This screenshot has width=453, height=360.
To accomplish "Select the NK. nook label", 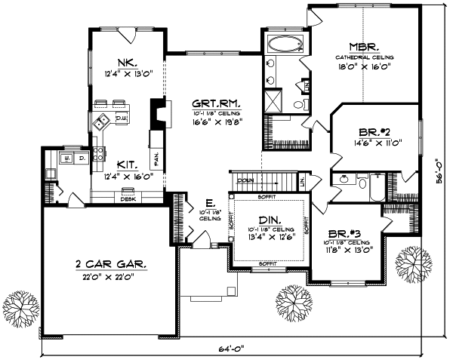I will pos(125,63).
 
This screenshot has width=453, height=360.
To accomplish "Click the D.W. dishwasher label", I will pos(121,119).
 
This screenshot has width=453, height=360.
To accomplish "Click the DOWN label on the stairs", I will pos(245,181).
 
